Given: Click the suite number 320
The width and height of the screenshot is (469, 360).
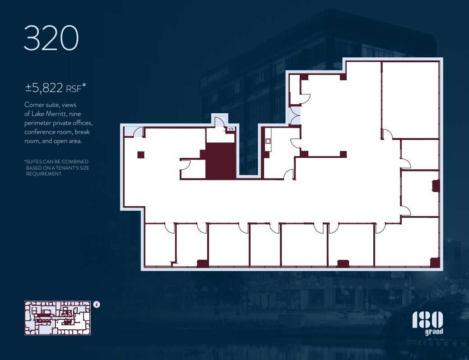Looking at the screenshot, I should pos(51,39).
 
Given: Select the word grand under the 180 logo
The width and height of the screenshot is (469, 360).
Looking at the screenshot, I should pos(434,332).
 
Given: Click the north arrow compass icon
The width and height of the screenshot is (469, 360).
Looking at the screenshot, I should pos(97,305).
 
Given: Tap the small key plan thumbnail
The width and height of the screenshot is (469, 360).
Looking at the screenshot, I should pos(57,318).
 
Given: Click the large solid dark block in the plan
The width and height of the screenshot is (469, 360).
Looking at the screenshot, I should pos(221,161).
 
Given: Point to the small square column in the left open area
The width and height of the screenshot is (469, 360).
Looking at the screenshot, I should pos(141,155).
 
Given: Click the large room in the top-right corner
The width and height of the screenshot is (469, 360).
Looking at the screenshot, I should pos(410,99).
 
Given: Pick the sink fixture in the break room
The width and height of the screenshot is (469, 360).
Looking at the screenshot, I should pos(268,141).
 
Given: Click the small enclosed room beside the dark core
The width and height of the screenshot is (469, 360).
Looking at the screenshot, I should pos(192,169).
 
